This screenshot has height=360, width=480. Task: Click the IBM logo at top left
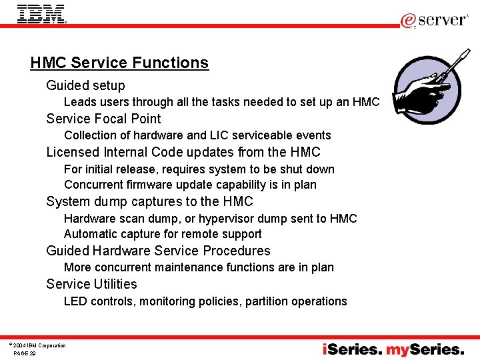pyautogui.click(x=41, y=14)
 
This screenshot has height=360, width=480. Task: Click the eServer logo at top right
pyautogui.click(x=434, y=20)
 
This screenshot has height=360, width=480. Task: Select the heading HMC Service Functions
pyautogui.click(x=119, y=63)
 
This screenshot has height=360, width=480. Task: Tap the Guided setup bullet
pyautogui.click(x=85, y=85)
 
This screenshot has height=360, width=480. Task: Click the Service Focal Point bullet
pyautogui.click(x=103, y=119)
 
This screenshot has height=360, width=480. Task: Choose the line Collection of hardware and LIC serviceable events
pyautogui.click(x=197, y=135)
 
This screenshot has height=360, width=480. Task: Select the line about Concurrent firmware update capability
pyautogui.click(x=190, y=185)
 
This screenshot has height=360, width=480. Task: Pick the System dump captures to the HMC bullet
pyautogui.click(x=149, y=201)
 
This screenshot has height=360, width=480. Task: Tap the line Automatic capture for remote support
pyautogui.click(x=163, y=234)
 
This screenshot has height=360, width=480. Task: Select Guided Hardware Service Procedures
pyautogui.click(x=158, y=251)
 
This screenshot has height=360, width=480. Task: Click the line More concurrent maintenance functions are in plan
pyautogui.click(x=199, y=267)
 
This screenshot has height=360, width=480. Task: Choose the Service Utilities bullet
pyautogui.click(x=91, y=284)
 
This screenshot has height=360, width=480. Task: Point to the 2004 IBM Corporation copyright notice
pyautogui.click(x=38, y=345)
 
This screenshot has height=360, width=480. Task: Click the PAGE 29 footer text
pyautogui.click(x=25, y=353)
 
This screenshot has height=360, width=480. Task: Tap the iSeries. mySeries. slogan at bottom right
pyautogui.click(x=393, y=349)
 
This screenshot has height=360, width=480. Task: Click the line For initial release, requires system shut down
pyautogui.click(x=199, y=169)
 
